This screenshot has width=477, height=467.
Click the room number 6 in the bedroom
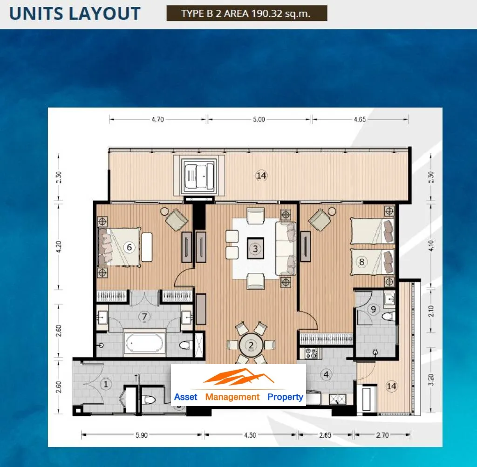pyautogui.click(x=129, y=247)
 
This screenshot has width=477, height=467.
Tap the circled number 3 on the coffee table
pyautogui.click(x=256, y=249)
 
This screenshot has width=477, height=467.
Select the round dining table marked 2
pyautogui.click(x=251, y=345)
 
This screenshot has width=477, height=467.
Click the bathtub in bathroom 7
pyautogui.click(x=144, y=343)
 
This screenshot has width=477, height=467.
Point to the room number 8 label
pyautogui.click(x=361, y=262)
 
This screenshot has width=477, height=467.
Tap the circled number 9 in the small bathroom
pyautogui.click(x=374, y=309)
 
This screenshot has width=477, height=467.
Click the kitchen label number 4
pyautogui.click(x=327, y=374)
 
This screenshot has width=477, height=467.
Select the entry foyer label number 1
pyautogui.click(x=106, y=384)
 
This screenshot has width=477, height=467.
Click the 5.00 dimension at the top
pyautogui.click(x=259, y=119)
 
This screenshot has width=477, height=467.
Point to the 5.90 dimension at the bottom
pyautogui.click(x=142, y=435)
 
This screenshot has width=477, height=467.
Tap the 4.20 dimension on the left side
pyautogui.click(x=59, y=246)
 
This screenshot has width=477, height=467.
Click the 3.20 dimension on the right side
pyautogui.click(x=431, y=379)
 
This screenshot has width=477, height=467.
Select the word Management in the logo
pyautogui.click(x=232, y=397)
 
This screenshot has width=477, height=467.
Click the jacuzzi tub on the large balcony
pyautogui.click(x=199, y=176)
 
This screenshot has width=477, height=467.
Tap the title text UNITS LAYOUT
pyautogui.click(x=75, y=14)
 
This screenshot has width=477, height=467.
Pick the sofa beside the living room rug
pyautogui.click(x=286, y=249)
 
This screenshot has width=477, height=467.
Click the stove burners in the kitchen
pyautogui.click(x=311, y=353)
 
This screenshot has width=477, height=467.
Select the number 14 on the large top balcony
pyautogui.click(x=261, y=176)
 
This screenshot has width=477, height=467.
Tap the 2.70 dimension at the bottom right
pyautogui.click(x=382, y=435)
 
